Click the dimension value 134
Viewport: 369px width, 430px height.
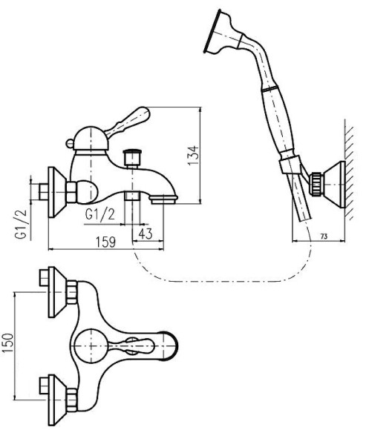[x=193, y=155]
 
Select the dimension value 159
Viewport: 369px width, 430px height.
[x=105, y=242]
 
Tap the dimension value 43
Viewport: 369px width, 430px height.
[x=146, y=234]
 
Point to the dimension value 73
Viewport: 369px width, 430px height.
[x=324, y=236]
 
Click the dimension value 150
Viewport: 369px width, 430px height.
[x=8, y=343]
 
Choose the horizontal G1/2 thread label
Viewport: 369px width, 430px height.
[x=100, y=214]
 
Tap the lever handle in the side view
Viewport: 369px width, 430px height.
[x=128, y=122]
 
